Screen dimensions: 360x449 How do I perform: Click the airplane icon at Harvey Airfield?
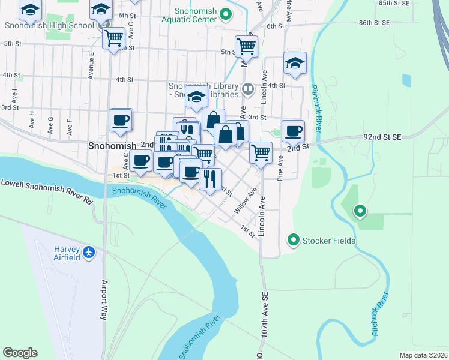coord(89,253)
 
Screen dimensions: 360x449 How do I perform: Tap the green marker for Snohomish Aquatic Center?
coord(226,13)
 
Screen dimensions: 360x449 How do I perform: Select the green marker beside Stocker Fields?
coord(294,241)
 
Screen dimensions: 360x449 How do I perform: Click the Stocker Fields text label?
coord(329,241)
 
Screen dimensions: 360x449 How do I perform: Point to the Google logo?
coord(20,353)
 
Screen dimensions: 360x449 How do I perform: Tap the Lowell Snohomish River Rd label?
coord(47,191)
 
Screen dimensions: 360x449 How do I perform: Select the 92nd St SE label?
coord(381,137)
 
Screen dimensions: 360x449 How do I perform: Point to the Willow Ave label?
coord(246,200)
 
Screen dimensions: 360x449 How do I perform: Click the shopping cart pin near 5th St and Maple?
coord(246,46)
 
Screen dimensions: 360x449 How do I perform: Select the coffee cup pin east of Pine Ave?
coord(294,131)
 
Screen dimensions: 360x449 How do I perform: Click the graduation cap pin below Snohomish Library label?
coord(196,97)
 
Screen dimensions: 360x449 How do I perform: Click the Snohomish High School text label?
coord(49,26)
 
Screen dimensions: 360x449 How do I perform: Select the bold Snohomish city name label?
coord(112,145)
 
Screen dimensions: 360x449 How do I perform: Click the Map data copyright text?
coord(423,355)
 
